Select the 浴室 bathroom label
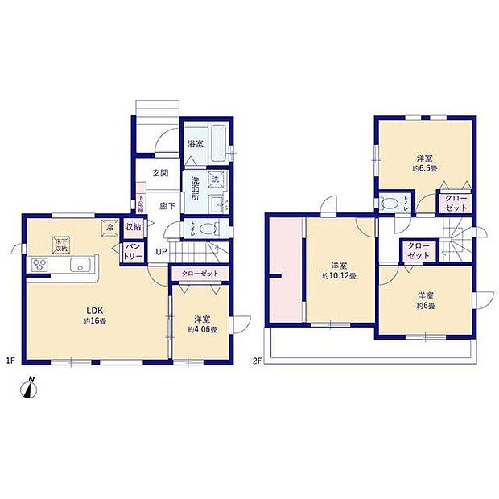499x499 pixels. tap(196, 144)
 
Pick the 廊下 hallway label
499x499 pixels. tap(167, 205)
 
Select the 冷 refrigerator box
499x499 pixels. tap(109, 229)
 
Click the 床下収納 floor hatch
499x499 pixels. tap(61, 244)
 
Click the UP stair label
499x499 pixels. tap(161, 252)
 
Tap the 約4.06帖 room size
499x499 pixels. tap(202, 330)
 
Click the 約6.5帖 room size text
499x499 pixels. tap(426, 169)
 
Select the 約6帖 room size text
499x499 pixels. tap(426, 307)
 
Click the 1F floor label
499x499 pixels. tap(14, 360)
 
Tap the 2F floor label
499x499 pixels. tap(257, 360)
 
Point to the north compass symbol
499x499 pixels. tap(30, 388)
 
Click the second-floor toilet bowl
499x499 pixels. tap(389, 204)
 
